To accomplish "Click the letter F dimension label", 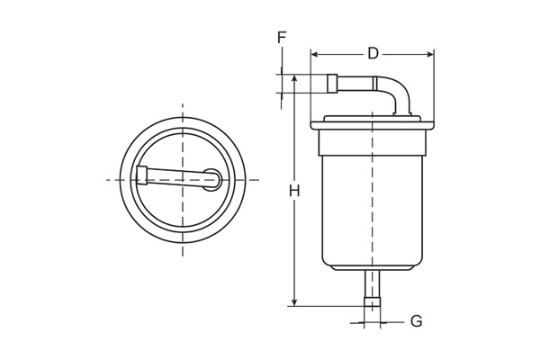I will coord(282,38).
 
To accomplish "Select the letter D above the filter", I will coord(373,54).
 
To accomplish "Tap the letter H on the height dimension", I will coord(294,191).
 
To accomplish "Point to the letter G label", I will coord(416,321).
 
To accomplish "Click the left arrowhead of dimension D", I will coord(314,54).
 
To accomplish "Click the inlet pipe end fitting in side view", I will coord(331,84).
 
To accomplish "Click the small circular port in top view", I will coord(211,179).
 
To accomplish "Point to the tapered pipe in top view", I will coord(175,177).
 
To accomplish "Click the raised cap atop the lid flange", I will coord(372,116).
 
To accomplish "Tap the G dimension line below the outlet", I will coord(372,322).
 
